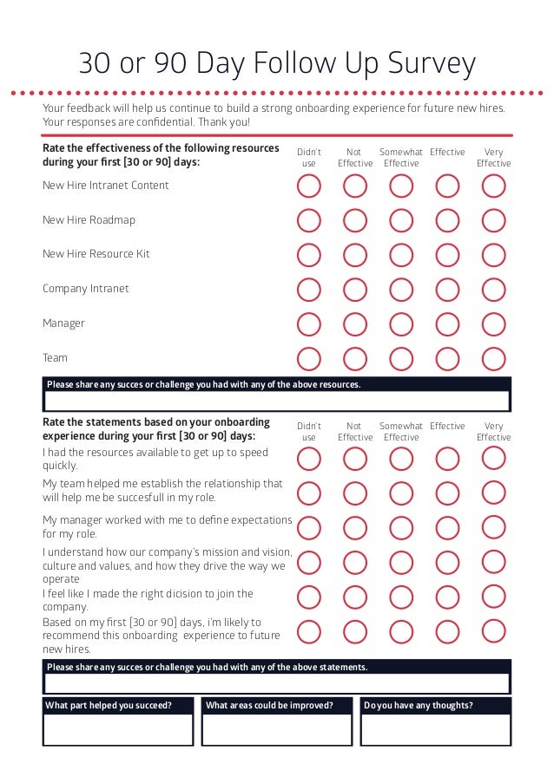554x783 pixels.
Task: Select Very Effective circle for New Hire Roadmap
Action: (x=493, y=220)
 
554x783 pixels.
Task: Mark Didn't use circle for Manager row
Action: (x=308, y=323)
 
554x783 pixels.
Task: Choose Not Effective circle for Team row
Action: (x=354, y=358)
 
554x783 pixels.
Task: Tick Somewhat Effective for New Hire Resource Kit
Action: (x=401, y=255)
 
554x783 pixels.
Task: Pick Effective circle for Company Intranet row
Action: (x=447, y=289)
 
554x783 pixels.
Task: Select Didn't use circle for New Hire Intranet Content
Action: (x=308, y=186)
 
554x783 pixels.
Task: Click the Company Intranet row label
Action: (x=85, y=289)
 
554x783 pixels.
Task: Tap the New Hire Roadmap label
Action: (x=89, y=220)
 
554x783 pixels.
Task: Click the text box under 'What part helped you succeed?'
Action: (x=117, y=729)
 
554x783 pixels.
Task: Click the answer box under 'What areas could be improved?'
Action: (x=277, y=729)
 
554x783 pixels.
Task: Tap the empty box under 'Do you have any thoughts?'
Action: (x=435, y=729)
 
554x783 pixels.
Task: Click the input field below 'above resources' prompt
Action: (x=277, y=401)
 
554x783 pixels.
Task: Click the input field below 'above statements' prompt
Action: (x=277, y=682)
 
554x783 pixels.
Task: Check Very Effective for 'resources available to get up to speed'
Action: (x=493, y=458)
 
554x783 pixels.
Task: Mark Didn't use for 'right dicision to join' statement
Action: (x=308, y=597)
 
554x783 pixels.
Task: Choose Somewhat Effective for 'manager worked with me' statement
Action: (x=401, y=527)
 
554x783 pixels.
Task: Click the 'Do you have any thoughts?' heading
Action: (x=419, y=705)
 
